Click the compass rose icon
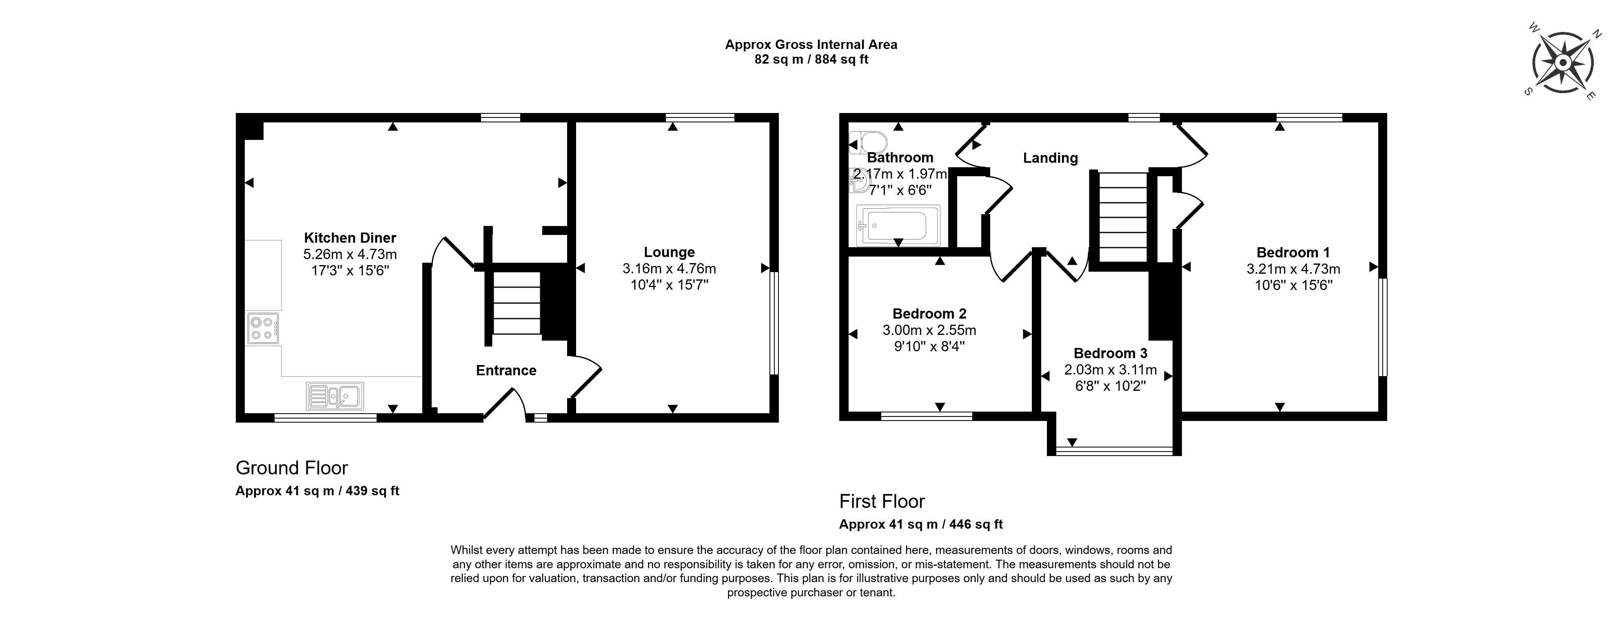[x=1563, y=63]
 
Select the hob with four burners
[x=263, y=328]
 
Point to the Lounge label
[x=669, y=253]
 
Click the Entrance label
[x=506, y=370]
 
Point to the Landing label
[x=1050, y=158]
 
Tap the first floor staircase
[x=1123, y=217]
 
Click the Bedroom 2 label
[x=929, y=314]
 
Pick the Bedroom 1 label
[x=1293, y=253]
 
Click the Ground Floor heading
[x=292, y=468]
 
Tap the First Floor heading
[x=882, y=501]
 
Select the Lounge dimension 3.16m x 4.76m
[x=669, y=269]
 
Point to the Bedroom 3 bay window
[x=1114, y=450]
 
